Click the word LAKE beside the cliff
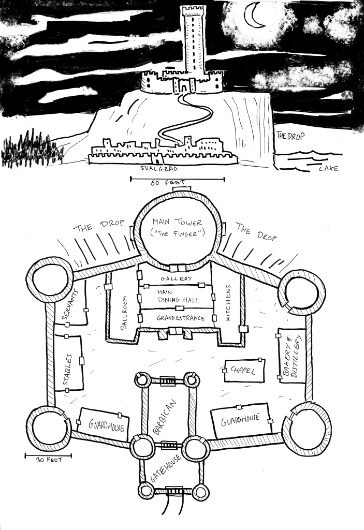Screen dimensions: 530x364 (x=328, y=169)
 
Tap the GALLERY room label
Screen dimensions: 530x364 (x=176, y=278)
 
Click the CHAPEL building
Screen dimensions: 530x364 (x=244, y=371)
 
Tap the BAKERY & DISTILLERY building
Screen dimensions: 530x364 (x=292, y=355)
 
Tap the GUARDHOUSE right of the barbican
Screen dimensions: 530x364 (x=240, y=420)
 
